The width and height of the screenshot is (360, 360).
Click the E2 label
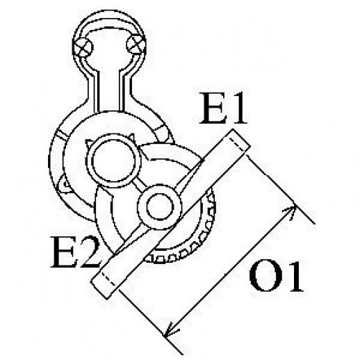(x=76, y=252)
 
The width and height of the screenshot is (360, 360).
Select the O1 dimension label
(x=277, y=277)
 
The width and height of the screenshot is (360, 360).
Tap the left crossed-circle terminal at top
(x=83, y=47)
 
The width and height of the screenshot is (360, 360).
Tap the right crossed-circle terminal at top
(x=136, y=44)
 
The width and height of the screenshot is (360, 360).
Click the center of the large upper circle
(x=113, y=161)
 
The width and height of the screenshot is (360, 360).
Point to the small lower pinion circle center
(x=160, y=206)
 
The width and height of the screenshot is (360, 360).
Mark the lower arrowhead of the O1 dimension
(x=170, y=330)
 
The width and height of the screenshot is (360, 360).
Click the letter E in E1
(x=213, y=108)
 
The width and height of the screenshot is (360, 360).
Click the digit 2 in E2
(x=90, y=252)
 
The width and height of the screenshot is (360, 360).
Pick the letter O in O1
(x=265, y=277)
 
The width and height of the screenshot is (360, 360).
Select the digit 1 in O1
(x=293, y=276)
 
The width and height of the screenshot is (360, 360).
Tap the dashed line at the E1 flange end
(x=238, y=144)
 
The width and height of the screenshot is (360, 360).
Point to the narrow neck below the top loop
(x=110, y=90)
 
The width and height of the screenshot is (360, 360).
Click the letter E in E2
(x=64, y=252)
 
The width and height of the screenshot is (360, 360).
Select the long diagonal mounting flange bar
(x=170, y=214)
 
